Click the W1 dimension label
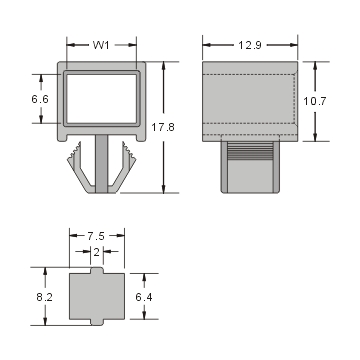tap(101, 44)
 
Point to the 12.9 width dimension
tap(252, 44)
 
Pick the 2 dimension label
tap(96, 254)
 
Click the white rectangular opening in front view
tap(101, 99)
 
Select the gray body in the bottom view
tap(96, 296)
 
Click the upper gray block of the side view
tap(251, 100)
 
